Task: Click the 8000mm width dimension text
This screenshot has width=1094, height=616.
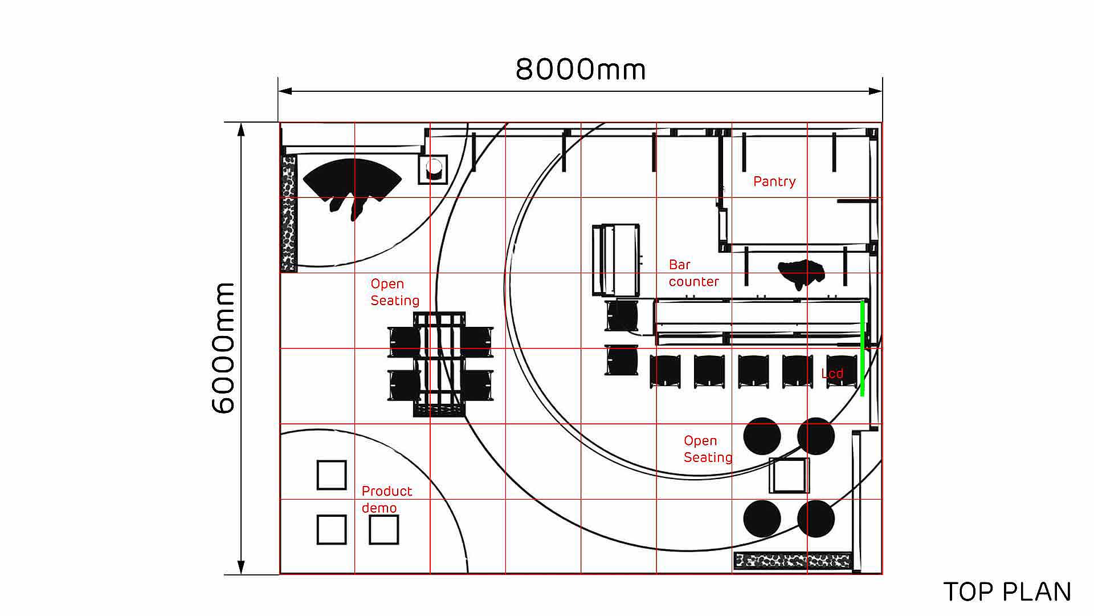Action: (x=581, y=70)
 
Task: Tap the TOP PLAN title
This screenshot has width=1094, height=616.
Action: (x=1007, y=592)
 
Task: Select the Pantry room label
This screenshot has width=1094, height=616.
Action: (x=774, y=181)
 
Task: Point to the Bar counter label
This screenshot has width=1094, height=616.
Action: (x=693, y=273)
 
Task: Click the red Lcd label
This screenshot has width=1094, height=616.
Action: (x=832, y=374)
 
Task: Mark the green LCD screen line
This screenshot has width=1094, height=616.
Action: (x=862, y=348)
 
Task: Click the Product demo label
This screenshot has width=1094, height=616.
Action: (x=386, y=499)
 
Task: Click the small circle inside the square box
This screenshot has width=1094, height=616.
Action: (x=434, y=168)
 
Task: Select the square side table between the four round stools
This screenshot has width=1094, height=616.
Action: (x=789, y=475)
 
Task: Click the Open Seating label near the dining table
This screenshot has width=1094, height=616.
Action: (x=395, y=292)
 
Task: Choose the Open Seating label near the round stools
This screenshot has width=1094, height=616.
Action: (x=708, y=449)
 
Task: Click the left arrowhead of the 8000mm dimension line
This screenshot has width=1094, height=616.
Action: (x=285, y=91)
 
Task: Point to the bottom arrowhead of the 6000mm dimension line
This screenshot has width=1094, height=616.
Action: (x=241, y=568)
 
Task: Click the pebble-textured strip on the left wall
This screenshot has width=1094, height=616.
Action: (x=289, y=213)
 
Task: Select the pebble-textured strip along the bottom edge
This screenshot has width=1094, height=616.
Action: (x=793, y=561)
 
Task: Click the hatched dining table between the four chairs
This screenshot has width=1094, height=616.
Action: (x=439, y=364)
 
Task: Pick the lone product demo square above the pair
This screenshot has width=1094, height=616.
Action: (x=332, y=475)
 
